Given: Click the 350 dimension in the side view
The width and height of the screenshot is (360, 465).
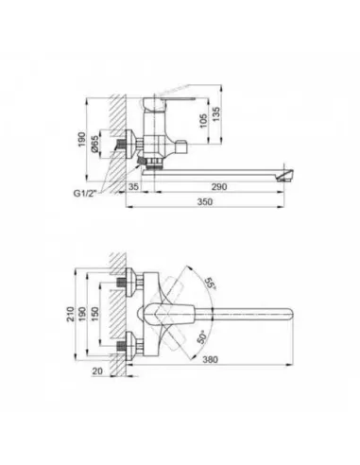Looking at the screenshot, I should (218, 201).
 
